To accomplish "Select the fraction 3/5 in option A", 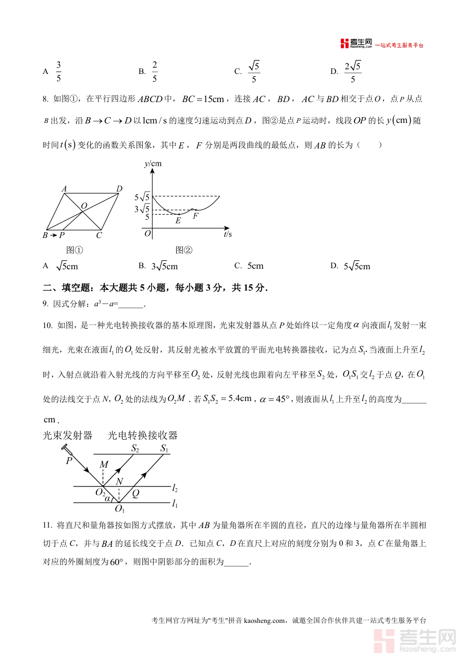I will tap(58, 72).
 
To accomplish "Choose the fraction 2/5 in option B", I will tap(155, 72).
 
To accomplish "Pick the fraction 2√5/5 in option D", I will tap(353, 72).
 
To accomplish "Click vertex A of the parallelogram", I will tap(64, 189).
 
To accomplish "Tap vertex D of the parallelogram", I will tap(119, 189).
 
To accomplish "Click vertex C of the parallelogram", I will tap(99, 235).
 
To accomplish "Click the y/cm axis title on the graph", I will tap(153, 164).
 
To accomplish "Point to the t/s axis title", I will tap(228, 235).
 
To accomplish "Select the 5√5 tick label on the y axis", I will tap(142, 197).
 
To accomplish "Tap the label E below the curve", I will tap(178, 221).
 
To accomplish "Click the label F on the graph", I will tap(195, 216).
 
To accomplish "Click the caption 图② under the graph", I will tap(184, 250).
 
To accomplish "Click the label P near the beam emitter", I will tap(68, 461).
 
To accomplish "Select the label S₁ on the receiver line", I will tap(165, 448).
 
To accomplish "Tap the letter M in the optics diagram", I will tap(104, 465).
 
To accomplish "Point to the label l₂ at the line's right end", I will tap(175, 489).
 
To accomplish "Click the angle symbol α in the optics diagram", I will tap(107, 498).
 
